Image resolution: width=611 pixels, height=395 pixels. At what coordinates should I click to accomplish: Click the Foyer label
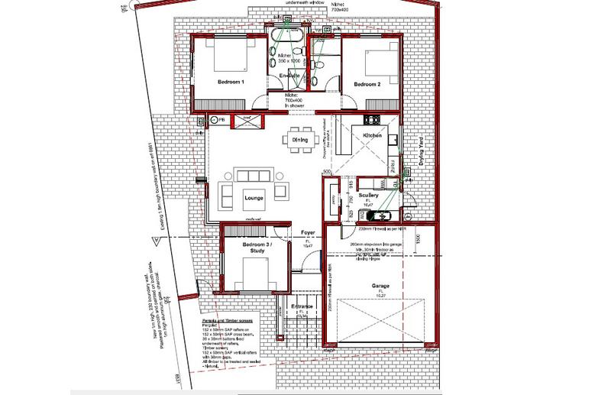pos(308,231)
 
